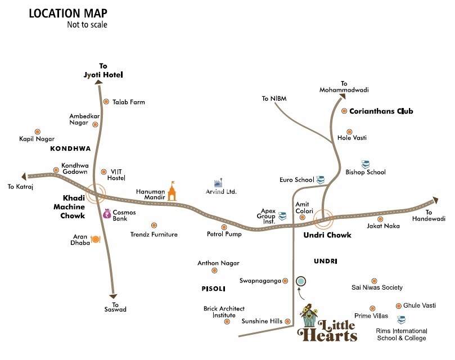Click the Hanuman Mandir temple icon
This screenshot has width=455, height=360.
(x=171, y=191)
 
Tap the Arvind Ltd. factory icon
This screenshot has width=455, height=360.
(x=218, y=183)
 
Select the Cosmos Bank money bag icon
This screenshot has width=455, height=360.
(x=106, y=213)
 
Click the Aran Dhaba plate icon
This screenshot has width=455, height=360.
(x=96, y=239)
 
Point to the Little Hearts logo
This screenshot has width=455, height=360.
(x=328, y=325)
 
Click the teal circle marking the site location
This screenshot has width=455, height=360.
(x=301, y=280)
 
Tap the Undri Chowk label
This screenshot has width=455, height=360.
(x=327, y=235)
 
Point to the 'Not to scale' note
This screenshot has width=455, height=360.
(x=87, y=25)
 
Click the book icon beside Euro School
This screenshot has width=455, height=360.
(x=321, y=179)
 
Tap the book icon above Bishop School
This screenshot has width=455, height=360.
(x=366, y=164)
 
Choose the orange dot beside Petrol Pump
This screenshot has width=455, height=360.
(x=224, y=227)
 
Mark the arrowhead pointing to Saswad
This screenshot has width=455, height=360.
(x=114, y=296)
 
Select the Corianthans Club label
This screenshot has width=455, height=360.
(x=381, y=111)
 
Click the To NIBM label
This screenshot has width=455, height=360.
(x=274, y=98)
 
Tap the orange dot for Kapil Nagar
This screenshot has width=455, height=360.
(x=37, y=131)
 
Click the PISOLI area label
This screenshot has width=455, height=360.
(x=213, y=289)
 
